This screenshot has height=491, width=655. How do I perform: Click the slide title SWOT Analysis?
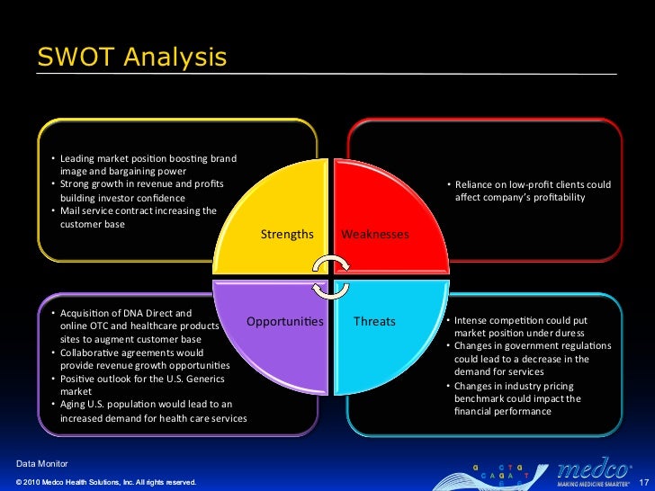click(x=131, y=58)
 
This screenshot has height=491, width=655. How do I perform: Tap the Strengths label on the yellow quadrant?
click(x=287, y=235)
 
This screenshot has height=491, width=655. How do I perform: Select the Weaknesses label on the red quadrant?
click(x=375, y=235)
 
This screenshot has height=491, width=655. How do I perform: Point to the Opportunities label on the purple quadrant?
click(x=284, y=321)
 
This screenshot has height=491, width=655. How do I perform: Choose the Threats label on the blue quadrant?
click(x=374, y=321)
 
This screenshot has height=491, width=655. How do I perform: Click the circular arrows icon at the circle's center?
click(x=331, y=277)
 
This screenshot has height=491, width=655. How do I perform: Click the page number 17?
click(x=643, y=483)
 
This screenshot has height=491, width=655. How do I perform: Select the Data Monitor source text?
click(x=46, y=463)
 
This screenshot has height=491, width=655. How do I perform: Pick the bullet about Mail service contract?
click(x=139, y=218)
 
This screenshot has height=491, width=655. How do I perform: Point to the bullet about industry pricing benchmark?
click(x=526, y=398)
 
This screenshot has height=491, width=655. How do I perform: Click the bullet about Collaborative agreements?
click(x=144, y=360)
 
